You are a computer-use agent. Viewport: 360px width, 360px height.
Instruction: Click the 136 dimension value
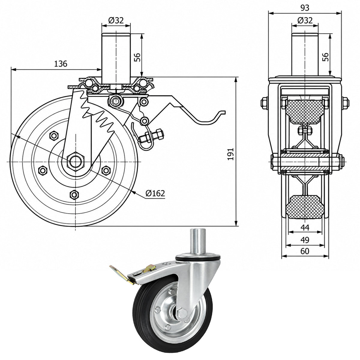(61, 64)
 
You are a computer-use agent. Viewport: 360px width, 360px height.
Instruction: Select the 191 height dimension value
(231, 154)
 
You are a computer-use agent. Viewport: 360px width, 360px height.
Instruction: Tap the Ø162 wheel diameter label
(155, 193)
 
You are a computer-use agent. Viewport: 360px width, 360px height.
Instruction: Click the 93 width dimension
(305, 8)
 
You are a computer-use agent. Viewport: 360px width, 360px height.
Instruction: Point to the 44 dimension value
(305, 227)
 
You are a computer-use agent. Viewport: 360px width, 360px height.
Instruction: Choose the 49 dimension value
(305, 240)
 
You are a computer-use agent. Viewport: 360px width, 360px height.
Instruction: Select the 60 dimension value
(305, 251)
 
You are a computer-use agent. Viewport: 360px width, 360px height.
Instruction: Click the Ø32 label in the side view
(116, 20)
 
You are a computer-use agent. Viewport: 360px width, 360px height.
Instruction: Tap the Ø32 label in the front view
(305, 20)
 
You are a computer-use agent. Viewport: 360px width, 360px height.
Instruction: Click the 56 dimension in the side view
(137, 57)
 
